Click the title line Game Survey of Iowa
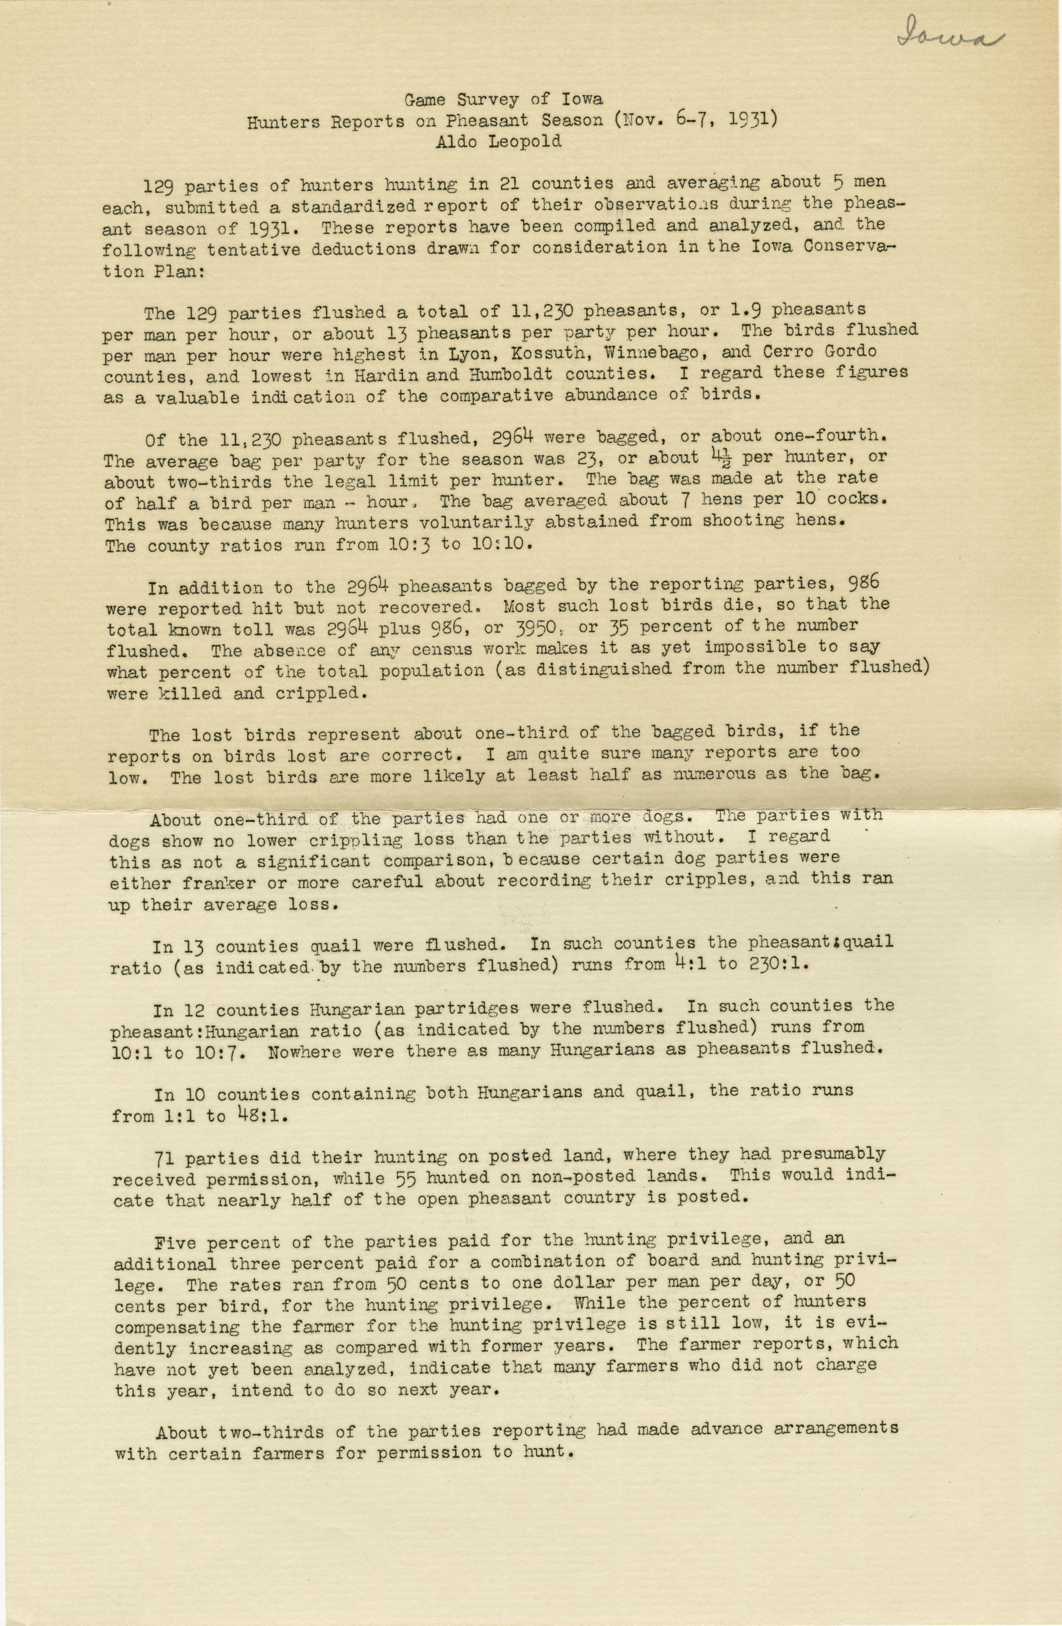click(x=504, y=99)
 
